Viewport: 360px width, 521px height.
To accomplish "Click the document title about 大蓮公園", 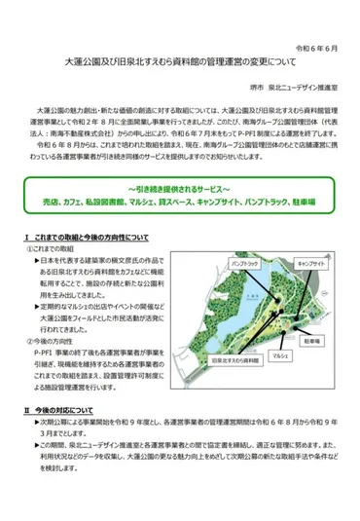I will coord(180,65).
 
